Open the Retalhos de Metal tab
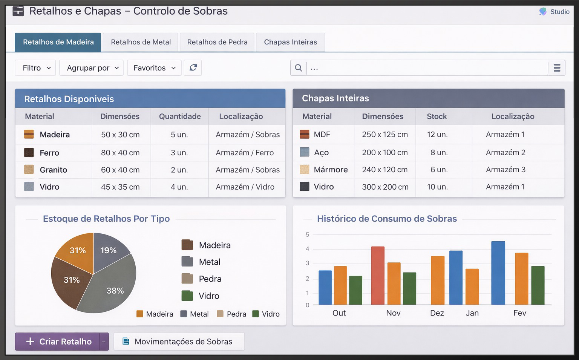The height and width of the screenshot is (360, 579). (x=141, y=42)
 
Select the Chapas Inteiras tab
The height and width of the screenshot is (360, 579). (x=290, y=42)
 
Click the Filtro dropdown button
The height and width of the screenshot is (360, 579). (x=35, y=68)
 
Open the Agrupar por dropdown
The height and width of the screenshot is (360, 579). (x=92, y=68)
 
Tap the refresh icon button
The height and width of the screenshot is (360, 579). (x=193, y=68)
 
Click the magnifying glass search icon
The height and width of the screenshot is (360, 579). (x=299, y=68)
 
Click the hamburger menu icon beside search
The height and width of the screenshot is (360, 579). (x=557, y=68)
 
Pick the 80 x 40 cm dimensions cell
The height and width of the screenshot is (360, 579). (x=120, y=153)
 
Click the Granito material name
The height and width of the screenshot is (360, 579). (x=53, y=170)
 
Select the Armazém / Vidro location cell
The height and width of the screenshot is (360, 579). (x=245, y=187)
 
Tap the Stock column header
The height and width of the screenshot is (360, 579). (x=437, y=116)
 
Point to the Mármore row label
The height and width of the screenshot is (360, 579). (x=331, y=170)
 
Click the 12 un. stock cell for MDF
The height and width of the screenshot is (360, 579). (x=437, y=134)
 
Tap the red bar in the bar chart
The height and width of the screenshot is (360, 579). (x=378, y=276)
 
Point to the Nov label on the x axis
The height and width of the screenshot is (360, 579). (x=393, y=313)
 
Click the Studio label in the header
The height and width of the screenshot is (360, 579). (x=560, y=12)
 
